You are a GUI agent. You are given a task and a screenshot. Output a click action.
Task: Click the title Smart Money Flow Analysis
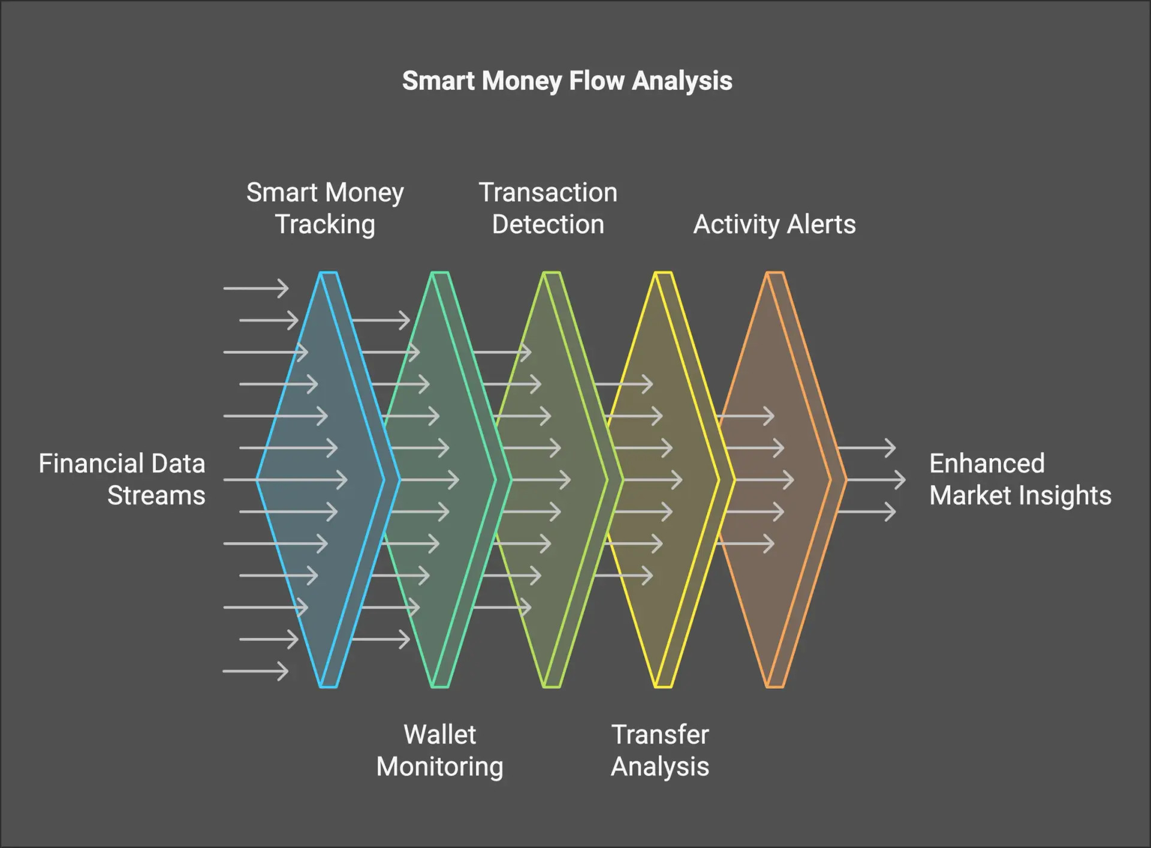point(567,81)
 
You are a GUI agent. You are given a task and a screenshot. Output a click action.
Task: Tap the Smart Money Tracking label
point(325,208)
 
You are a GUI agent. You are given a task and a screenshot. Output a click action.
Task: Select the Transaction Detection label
point(547,208)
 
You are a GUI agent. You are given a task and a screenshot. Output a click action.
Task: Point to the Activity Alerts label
point(774,224)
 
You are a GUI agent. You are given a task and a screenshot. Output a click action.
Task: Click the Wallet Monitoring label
point(439,750)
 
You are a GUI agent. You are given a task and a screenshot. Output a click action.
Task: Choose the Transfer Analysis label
point(659,750)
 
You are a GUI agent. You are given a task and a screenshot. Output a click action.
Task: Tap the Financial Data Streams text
point(122,479)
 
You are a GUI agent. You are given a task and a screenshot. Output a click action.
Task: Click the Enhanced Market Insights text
point(1020,479)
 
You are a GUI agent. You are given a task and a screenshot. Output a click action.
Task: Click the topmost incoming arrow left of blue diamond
point(256,288)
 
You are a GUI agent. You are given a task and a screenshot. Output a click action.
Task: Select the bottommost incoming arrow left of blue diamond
point(256,671)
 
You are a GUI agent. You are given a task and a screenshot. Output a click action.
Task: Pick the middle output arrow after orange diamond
point(875,480)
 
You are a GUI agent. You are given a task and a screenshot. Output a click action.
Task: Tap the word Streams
point(156,495)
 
